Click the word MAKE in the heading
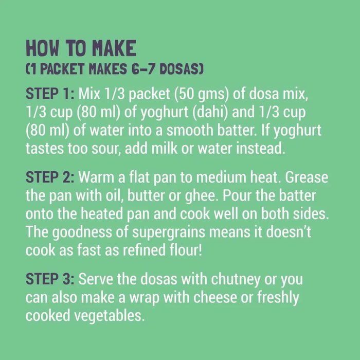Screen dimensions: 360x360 click(114, 48)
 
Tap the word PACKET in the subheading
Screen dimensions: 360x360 click(62, 69)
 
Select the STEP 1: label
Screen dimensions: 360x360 click(50, 94)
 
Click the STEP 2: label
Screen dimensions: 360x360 click(50, 177)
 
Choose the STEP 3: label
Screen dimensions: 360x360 click(50, 279)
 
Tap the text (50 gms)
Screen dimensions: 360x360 click(202, 94)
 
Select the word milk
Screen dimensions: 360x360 click(165, 148)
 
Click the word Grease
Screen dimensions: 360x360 click(307, 177)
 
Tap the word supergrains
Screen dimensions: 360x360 click(169, 232)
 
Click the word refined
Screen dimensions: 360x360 click(144, 250)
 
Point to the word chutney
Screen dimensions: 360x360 click(236, 280)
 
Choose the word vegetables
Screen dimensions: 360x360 click(109, 316)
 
